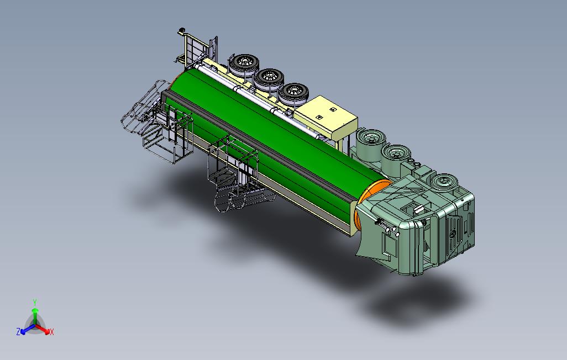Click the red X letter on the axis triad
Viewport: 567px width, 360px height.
tap(52, 332)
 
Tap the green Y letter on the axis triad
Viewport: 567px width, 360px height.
tap(35, 302)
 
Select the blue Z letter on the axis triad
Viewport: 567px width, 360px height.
tap(18, 331)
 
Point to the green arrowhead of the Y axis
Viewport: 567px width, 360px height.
tap(35, 310)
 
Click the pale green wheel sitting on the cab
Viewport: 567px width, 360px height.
tap(443, 182)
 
